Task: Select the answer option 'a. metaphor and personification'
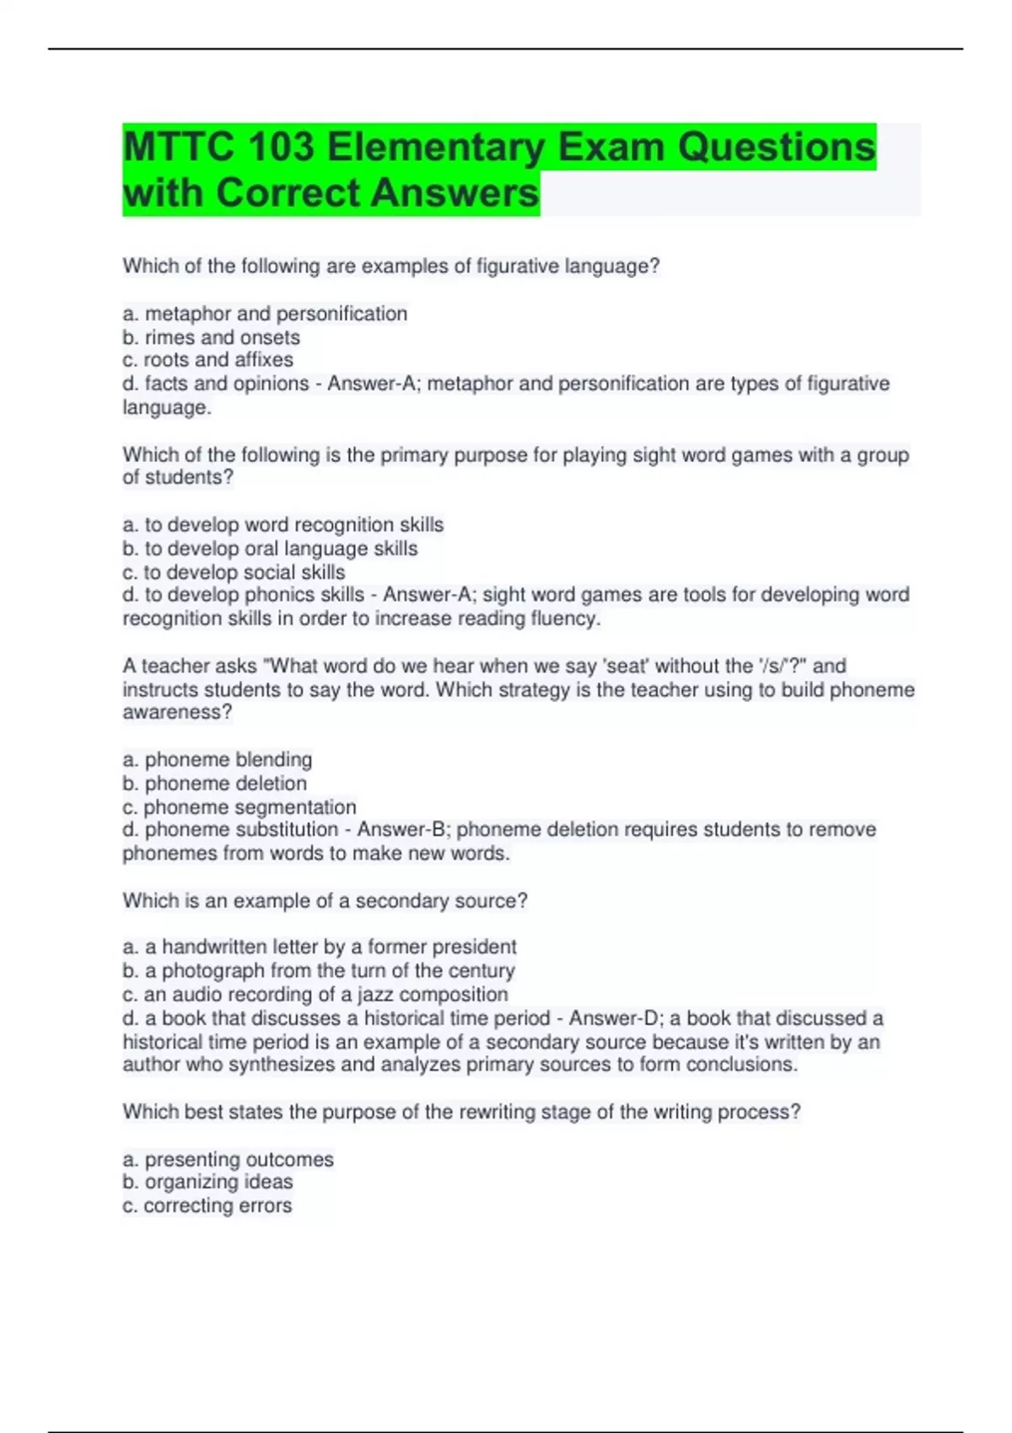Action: click(x=265, y=314)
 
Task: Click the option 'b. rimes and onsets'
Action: click(x=211, y=337)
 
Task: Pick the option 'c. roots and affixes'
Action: click(x=207, y=360)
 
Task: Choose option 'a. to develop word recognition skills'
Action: click(x=283, y=524)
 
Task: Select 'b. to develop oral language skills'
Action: click(x=270, y=548)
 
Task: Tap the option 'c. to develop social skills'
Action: click(x=234, y=572)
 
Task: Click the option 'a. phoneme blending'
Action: click(x=217, y=759)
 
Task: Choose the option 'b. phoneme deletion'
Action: click(x=214, y=783)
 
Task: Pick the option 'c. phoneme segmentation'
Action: click(x=239, y=807)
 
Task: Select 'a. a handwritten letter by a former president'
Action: click(x=319, y=947)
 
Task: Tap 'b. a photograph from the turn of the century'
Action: click(x=318, y=970)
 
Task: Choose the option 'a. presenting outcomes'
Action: click(x=228, y=1159)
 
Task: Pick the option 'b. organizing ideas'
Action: click(x=207, y=1182)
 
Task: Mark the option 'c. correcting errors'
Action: click(x=207, y=1205)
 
